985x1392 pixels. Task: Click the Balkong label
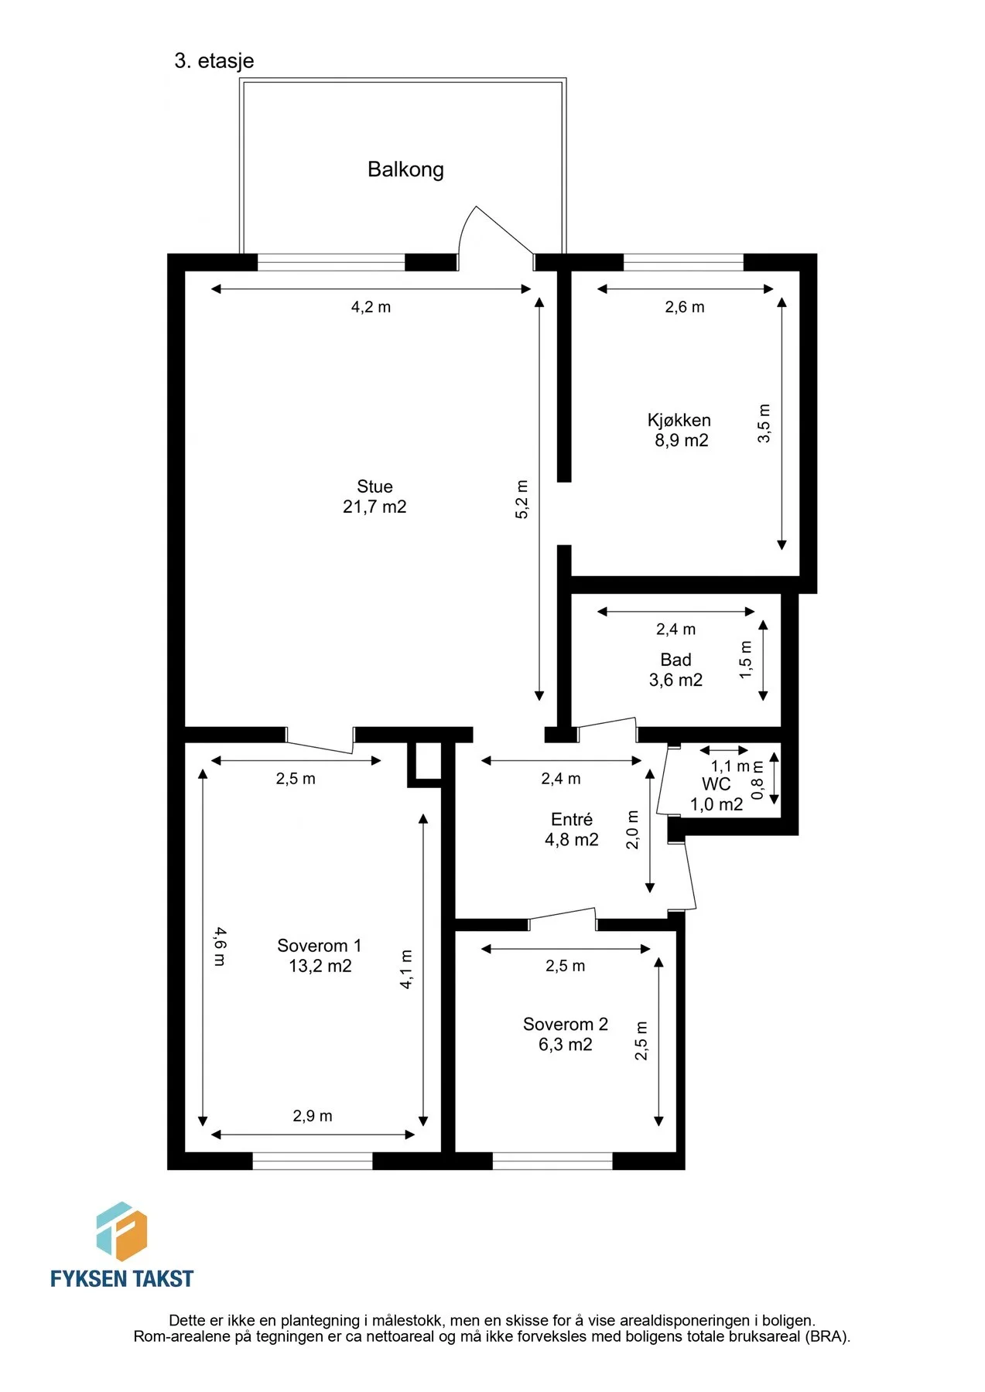405,169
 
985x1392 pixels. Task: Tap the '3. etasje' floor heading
214,61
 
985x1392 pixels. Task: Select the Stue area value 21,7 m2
375,507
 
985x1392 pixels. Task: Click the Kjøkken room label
679,420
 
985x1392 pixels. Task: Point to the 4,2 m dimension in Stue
371,307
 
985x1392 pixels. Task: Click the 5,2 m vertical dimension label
522,499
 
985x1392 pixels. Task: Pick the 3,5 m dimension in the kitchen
764,423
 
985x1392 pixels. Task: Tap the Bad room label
675,660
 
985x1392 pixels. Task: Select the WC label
716,784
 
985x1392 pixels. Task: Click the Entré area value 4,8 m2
572,840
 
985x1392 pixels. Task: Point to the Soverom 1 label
320,946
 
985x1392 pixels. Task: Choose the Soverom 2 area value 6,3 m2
566,1045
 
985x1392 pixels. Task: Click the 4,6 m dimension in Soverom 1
220,947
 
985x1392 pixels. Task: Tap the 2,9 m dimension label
313,1116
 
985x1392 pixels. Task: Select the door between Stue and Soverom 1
320,740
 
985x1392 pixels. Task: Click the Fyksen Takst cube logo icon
121,1231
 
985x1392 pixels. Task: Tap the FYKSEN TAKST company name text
122,1278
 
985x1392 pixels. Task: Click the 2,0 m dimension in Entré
632,830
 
